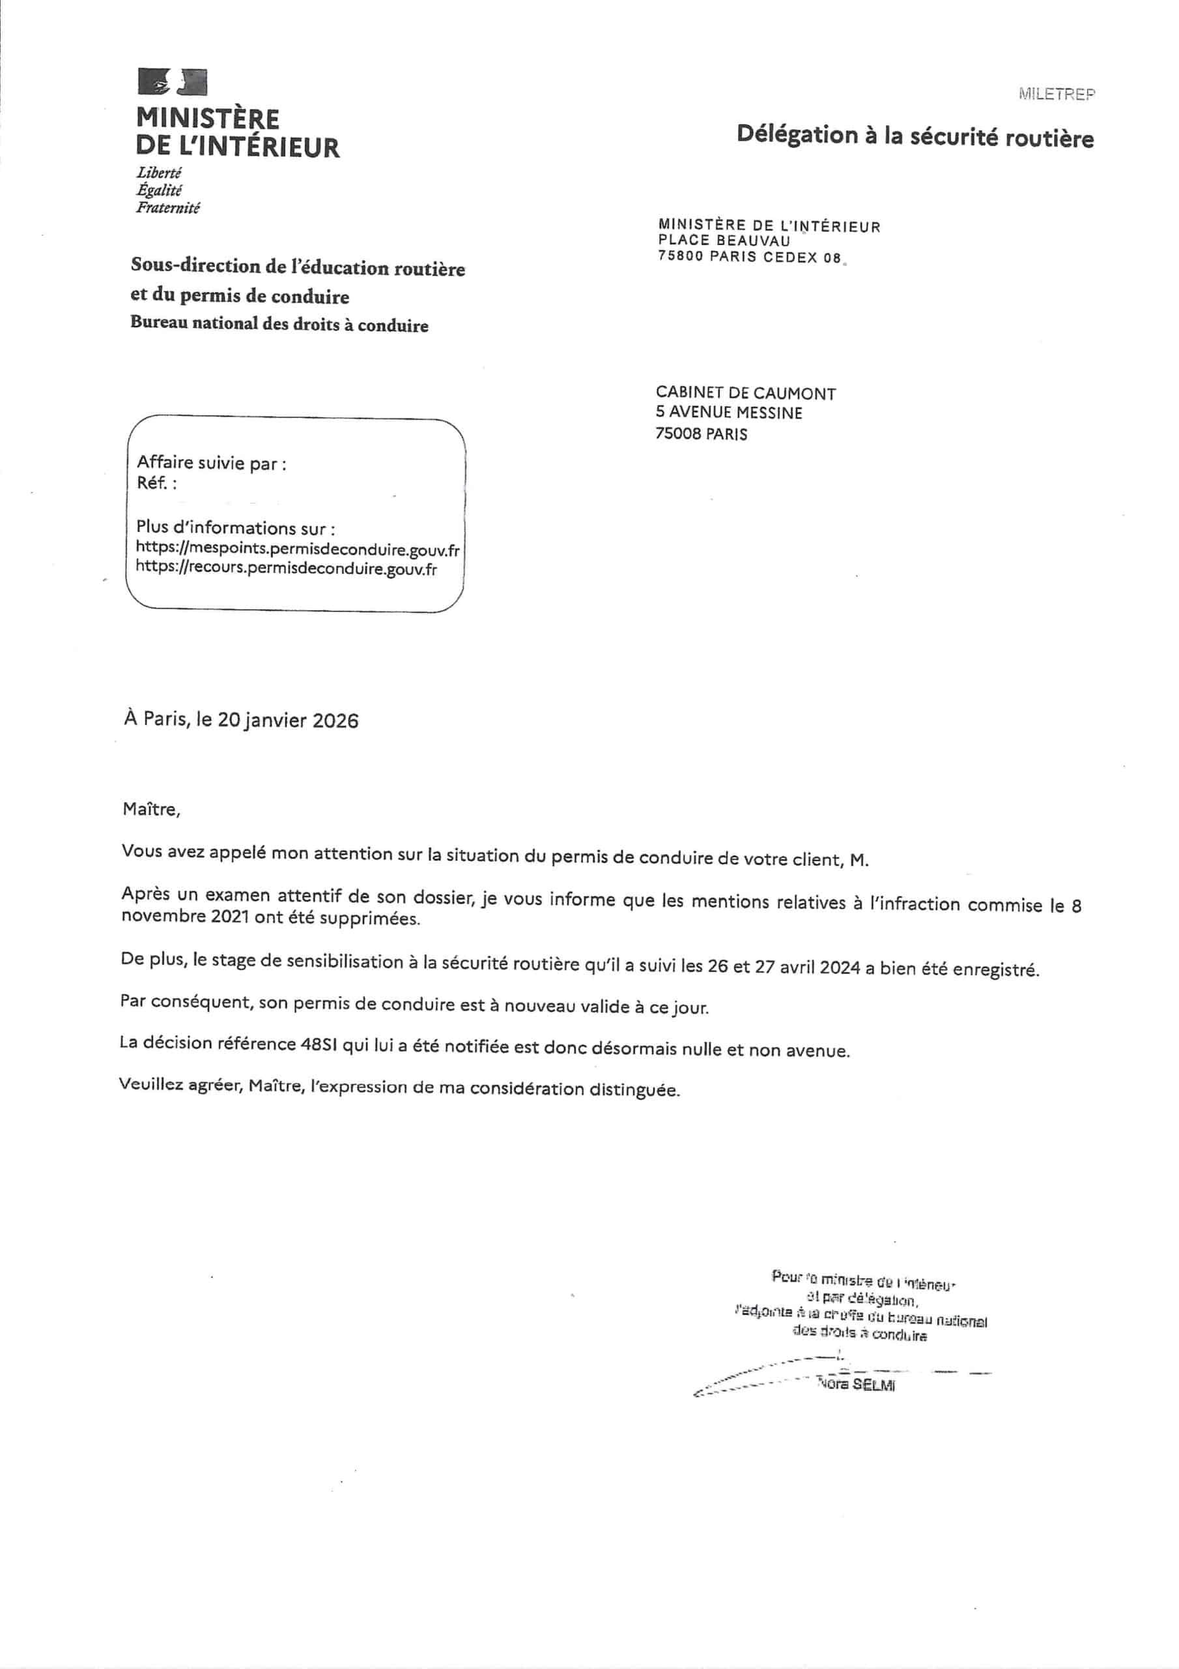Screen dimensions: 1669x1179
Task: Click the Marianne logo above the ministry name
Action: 172,82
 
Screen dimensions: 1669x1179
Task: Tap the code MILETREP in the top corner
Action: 1057,94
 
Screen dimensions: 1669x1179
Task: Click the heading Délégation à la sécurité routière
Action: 915,136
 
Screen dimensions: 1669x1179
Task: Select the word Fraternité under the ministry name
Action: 168,208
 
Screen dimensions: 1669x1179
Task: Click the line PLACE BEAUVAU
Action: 724,241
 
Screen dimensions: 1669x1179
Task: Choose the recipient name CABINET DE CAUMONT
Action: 745,393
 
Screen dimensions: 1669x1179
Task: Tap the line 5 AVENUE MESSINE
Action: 729,413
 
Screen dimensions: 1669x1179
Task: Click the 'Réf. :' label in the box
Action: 156,482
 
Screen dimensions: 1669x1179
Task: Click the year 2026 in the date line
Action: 335,720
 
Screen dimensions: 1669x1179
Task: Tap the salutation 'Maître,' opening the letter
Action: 151,809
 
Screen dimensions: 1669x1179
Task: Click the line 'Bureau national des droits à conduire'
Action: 279,324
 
